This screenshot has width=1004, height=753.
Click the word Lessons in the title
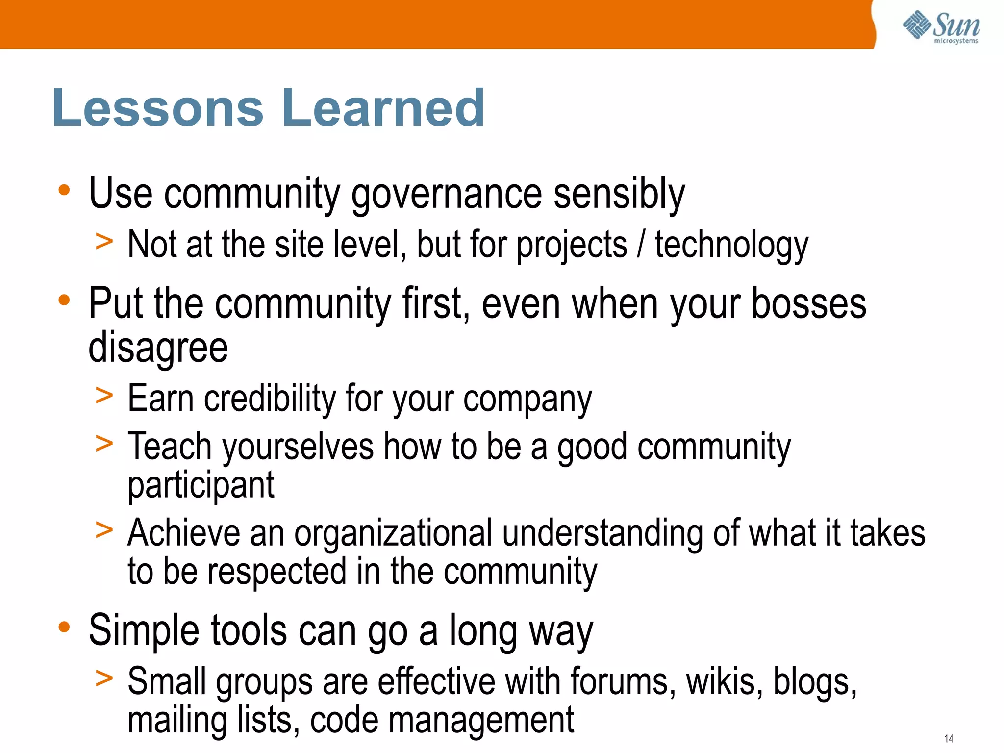pyautogui.click(x=158, y=108)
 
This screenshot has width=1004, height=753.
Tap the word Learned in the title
pyautogui.click(x=383, y=108)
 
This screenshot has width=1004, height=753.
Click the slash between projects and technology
pyautogui.click(x=641, y=244)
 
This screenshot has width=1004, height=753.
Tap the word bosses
pyautogui.click(x=809, y=304)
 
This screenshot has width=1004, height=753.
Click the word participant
pyautogui.click(x=201, y=485)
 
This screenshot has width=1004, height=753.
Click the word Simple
pyautogui.click(x=144, y=631)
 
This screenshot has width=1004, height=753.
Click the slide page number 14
pyautogui.click(x=948, y=738)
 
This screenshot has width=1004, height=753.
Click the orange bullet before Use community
pyautogui.click(x=64, y=190)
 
